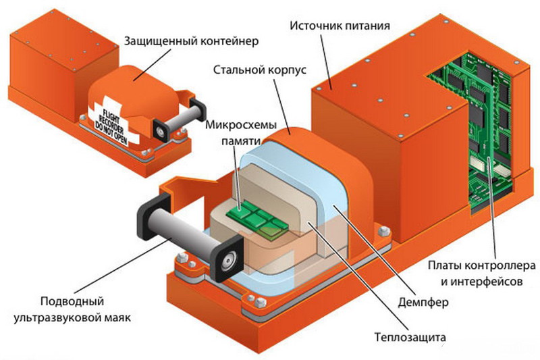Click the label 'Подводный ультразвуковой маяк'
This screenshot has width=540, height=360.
pyautogui.click(x=80, y=307)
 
